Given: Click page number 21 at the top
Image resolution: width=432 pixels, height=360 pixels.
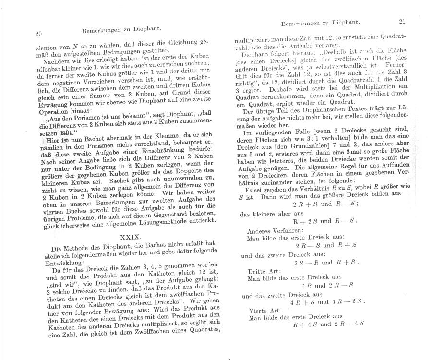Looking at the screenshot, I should [x=402, y=21].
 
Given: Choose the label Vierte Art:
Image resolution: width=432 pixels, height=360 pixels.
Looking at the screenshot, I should [x=264, y=311].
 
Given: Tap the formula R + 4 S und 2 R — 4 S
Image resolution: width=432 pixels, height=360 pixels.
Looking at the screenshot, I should [x=328, y=324].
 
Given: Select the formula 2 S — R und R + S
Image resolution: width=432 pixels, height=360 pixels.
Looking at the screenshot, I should [x=326, y=263].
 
